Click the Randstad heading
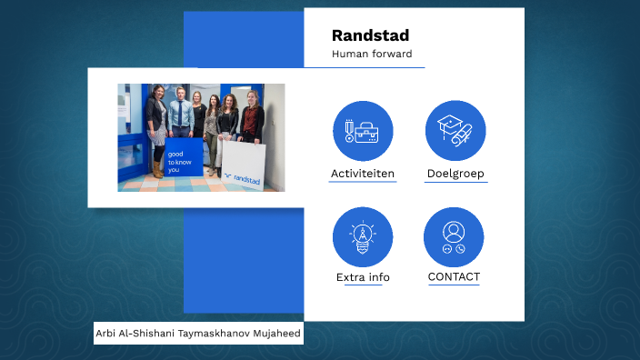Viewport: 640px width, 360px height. point(370,35)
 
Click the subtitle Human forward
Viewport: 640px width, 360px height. point(372,55)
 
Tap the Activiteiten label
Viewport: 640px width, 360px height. point(362,173)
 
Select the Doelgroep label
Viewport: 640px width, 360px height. point(455,173)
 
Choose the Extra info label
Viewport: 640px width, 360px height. point(363,277)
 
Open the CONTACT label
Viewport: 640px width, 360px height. point(454,276)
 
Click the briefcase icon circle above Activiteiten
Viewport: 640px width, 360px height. point(363,131)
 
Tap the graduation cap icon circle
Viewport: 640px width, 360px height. point(455,131)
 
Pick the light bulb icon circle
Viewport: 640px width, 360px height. point(363,236)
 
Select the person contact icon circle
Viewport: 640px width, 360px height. point(454,236)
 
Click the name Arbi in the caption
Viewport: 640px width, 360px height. point(107,334)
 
